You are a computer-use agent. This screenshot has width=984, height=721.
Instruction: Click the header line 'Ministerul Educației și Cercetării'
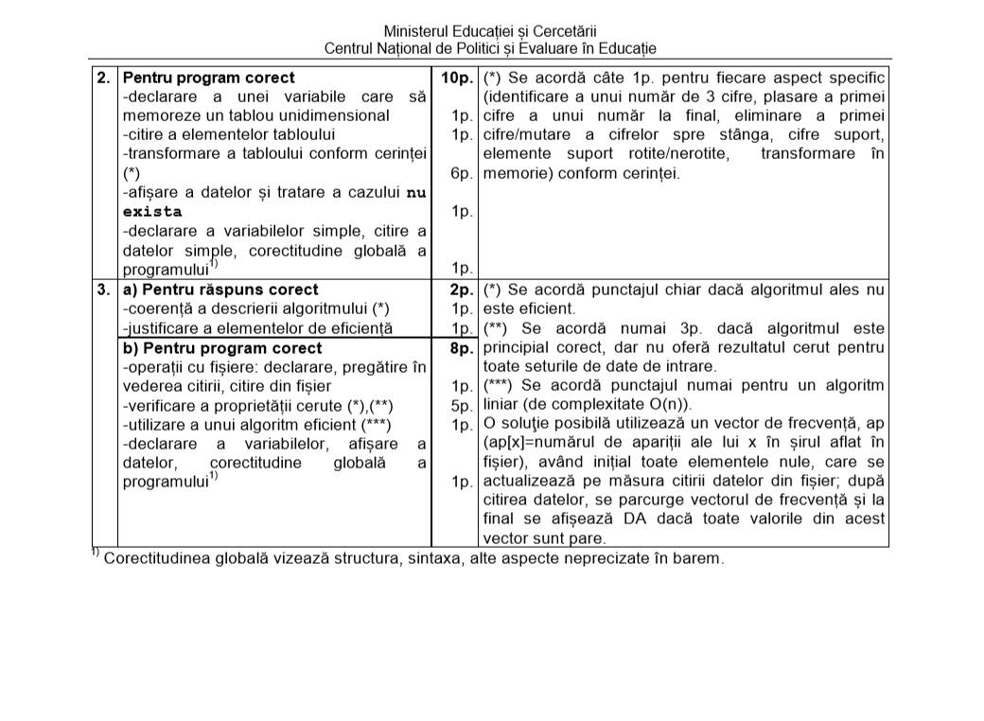tap(490, 31)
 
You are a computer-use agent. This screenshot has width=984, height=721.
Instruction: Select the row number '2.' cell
tap(104, 78)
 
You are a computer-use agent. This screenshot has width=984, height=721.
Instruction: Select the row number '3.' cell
tap(104, 290)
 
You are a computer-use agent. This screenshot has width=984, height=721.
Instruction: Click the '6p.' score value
tap(461, 174)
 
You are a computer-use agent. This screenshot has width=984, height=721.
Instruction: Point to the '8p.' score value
tap(461, 348)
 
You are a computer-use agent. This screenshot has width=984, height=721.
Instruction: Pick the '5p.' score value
tap(461, 405)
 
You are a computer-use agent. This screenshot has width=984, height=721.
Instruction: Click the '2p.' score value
tap(461, 290)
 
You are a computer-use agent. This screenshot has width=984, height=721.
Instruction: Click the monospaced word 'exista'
tap(152, 212)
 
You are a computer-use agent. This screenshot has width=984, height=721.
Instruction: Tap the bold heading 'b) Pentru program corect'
tap(222, 348)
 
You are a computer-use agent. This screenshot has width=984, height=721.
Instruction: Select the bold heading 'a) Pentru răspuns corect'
tap(220, 290)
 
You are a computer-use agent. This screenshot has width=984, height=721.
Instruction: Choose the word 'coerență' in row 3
tap(159, 308)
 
